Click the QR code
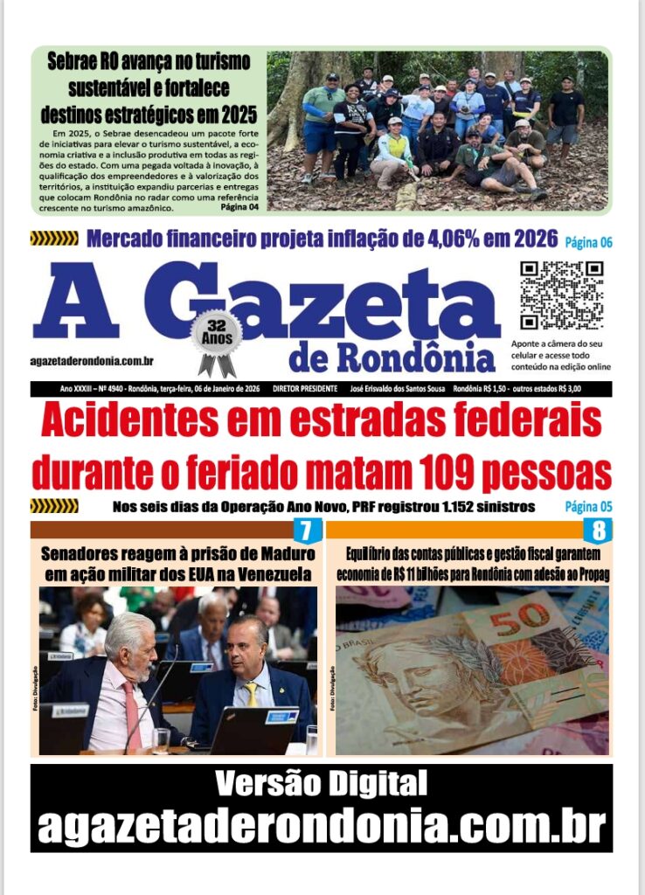[562, 295]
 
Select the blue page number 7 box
[306, 530]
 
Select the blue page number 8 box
[599, 530]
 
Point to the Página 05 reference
[588, 506]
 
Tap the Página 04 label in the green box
[239, 208]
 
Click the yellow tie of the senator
[252, 695]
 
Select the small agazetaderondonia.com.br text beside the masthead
[92, 361]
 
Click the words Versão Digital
[322, 784]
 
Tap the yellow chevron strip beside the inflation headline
[54, 239]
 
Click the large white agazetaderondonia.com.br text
[322, 826]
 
